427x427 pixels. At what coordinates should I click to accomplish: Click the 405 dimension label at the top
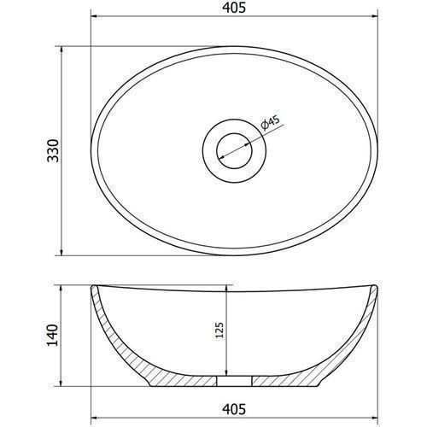click(234, 8)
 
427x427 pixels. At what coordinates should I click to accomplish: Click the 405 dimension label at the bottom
click(234, 409)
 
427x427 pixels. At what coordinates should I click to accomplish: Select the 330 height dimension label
click(53, 150)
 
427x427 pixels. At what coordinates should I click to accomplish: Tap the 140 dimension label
click(52, 335)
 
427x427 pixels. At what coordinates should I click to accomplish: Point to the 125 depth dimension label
click(219, 330)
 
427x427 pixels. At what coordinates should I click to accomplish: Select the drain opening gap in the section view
click(234, 381)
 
